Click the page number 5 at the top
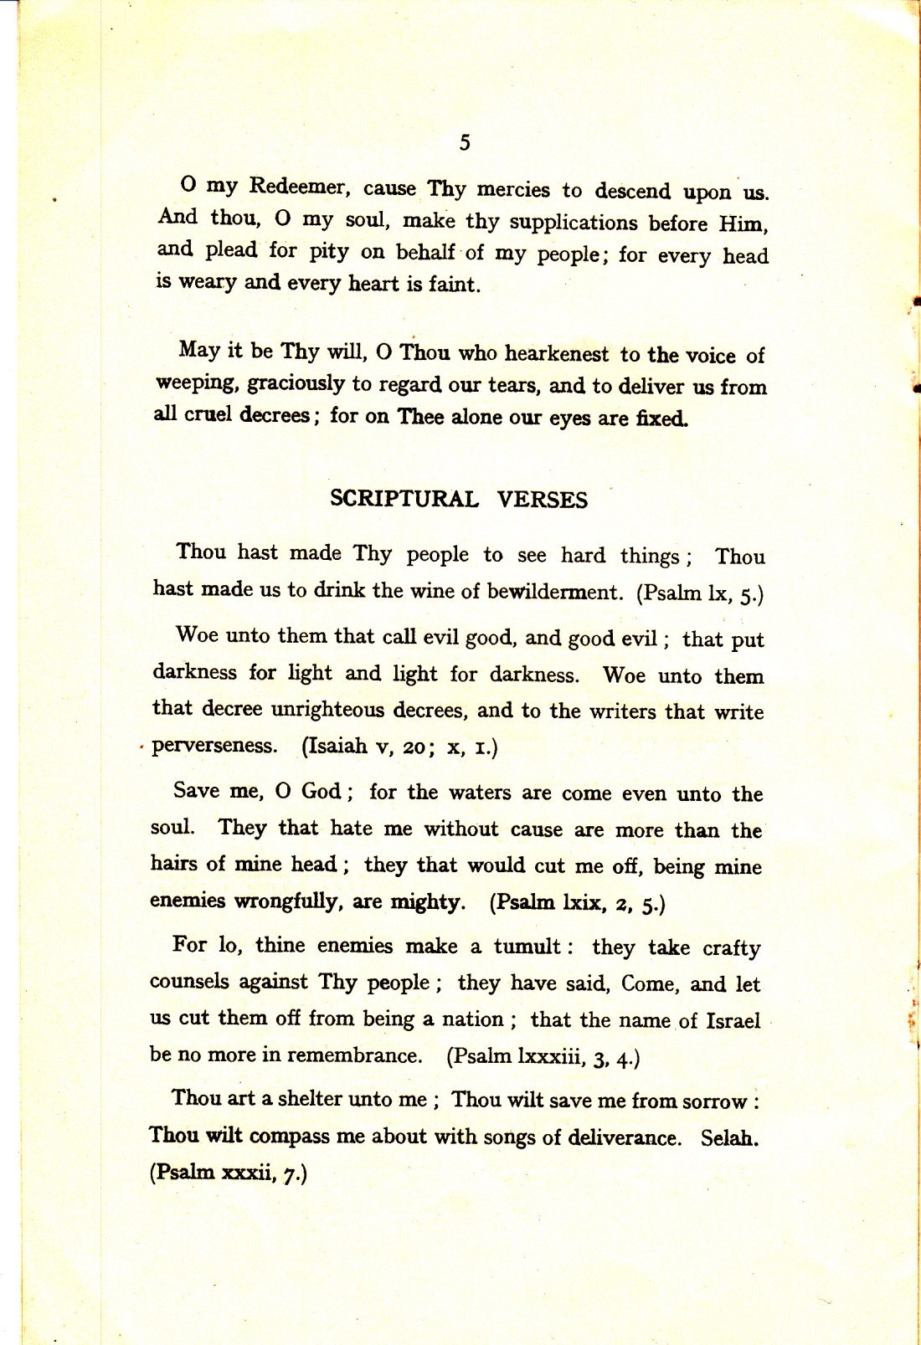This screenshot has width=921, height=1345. pos(465,143)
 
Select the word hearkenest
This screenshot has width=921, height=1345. pos(556,354)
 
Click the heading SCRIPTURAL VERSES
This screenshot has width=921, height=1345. pos(459,500)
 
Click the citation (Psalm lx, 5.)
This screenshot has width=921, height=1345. pos(700,593)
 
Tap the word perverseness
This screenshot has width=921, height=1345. pos(214,746)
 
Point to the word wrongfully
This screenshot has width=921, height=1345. pos(289,901)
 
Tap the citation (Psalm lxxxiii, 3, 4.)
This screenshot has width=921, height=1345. pos(543,1057)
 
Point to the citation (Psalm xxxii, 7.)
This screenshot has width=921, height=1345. pos(228,1173)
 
